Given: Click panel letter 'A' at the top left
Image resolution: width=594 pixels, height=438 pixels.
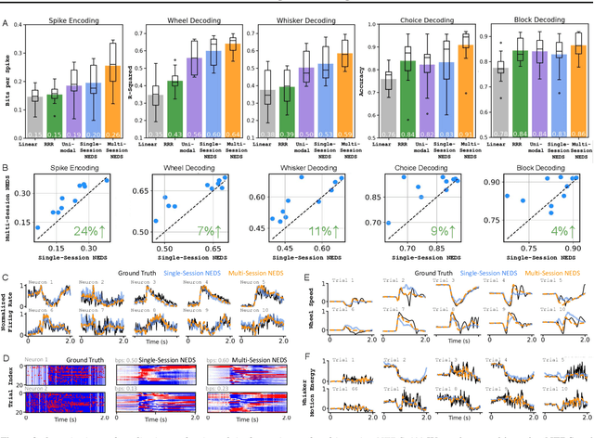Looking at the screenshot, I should click(6, 7).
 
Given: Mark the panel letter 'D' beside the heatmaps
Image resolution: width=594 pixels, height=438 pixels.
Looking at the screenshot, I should click(6, 354).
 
